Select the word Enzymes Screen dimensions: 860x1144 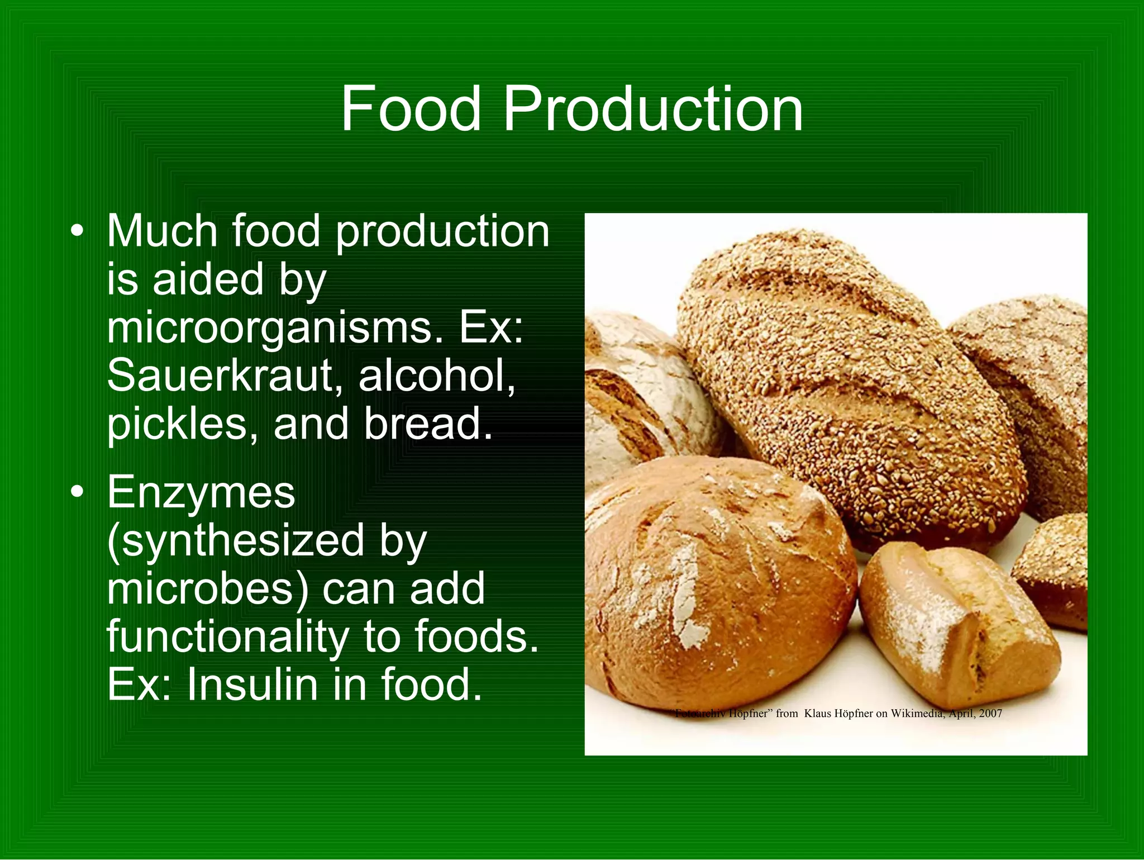[201, 493]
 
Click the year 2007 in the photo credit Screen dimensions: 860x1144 [990, 714]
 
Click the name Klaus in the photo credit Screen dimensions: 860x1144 [819, 714]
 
